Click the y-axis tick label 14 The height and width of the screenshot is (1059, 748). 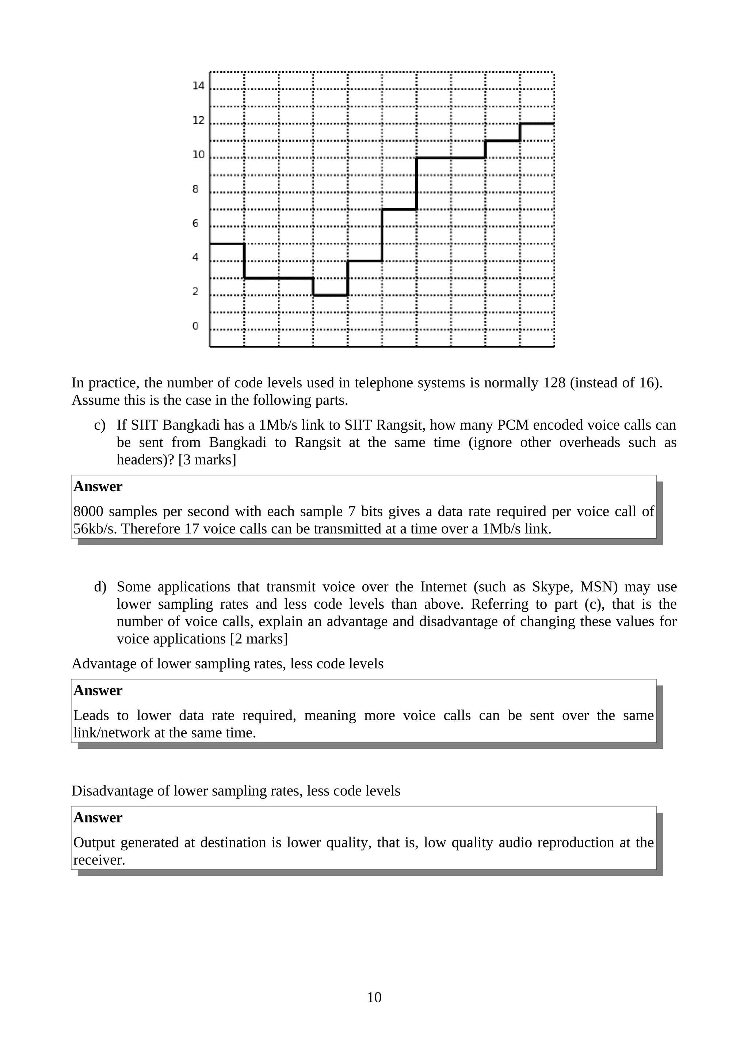pyautogui.click(x=198, y=86)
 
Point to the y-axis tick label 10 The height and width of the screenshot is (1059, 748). pyautogui.click(x=198, y=155)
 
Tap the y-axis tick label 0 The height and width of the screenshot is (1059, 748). pyautogui.click(x=195, y=326)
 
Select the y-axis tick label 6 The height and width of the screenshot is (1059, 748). pyautogui.click(x=195, y=224)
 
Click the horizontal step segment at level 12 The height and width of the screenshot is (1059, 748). pyautogui.click(x=537, y=123)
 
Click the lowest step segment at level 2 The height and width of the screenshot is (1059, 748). pyautogui.click(x=330, y=295)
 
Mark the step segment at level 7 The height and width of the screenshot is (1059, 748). pyautogui.click(x=399, y=209)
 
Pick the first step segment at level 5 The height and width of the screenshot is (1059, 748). pyautogui.click(x=227, y=243)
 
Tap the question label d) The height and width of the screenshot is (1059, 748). pyautogui.click(x=100, y=587)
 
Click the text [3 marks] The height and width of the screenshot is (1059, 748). pyautogui.click(x=207, y=460)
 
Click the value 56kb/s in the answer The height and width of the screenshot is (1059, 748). pyautogui.click(x=95, y=528)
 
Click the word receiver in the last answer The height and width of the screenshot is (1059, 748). pyautogui.click(x=99, y=860)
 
